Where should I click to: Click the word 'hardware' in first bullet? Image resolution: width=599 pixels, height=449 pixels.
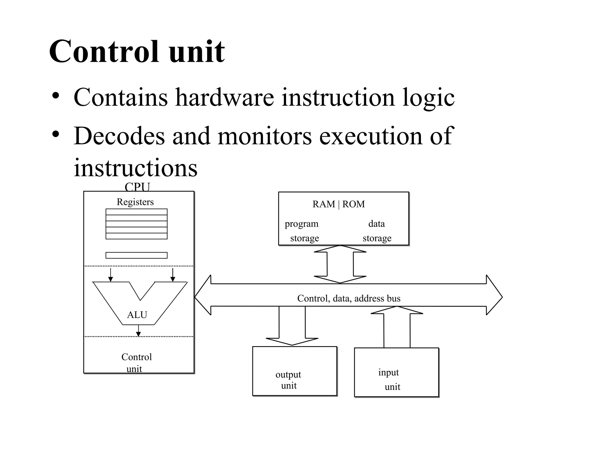224,97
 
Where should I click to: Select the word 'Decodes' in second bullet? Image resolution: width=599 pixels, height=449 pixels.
119,136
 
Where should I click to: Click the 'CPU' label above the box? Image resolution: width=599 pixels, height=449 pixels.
137,187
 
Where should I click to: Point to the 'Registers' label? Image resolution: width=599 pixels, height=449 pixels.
135,202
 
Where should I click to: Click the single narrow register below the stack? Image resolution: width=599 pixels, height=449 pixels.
136,255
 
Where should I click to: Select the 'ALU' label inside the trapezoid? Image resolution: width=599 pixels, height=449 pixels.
137,315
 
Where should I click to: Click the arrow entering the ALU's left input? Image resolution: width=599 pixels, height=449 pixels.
110,275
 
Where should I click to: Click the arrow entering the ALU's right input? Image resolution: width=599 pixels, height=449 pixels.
173,275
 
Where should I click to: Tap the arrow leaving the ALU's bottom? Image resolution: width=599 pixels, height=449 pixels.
139,331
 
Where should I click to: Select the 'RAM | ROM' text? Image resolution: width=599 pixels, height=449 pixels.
338,204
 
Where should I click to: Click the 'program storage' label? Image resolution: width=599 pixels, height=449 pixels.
302,231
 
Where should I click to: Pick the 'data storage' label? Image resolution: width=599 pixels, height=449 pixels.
377,231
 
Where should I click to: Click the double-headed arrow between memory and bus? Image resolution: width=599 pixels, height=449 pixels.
340,264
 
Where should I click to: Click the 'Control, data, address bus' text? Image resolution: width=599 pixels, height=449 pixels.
349,298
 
